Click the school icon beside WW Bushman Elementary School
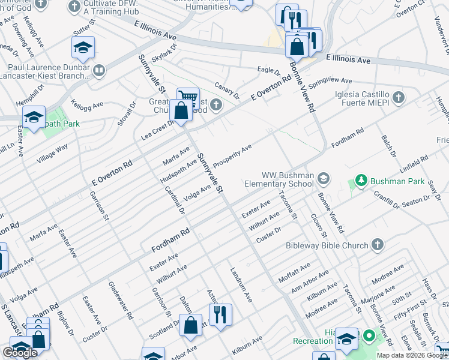[324, 178]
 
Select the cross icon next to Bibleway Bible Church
[377, 245]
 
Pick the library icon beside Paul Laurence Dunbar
[99, 71]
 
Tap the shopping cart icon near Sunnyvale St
[188, 97]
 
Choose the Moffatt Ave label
[294, 272]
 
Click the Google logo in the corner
[20, 353]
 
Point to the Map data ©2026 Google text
[412, 355]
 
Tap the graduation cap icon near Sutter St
[83, 47]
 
